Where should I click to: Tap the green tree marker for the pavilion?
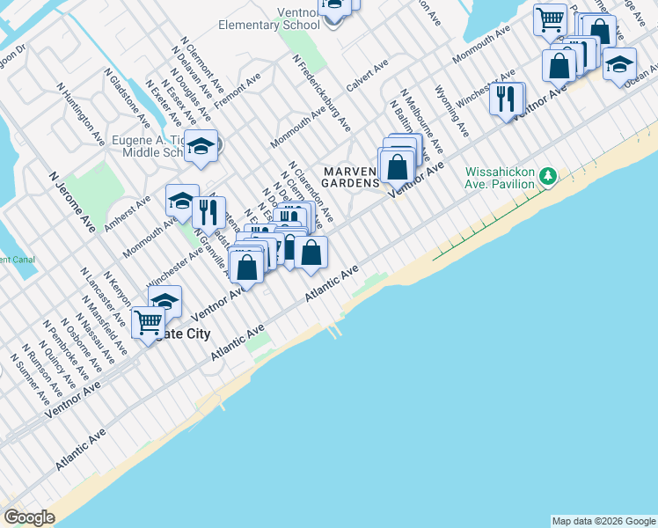coord(549,177)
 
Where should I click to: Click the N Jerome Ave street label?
coord(71,202)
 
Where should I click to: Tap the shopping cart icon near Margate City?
coord(148,322)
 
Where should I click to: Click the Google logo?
coord(29,517)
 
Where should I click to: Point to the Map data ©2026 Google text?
coord(603,521)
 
